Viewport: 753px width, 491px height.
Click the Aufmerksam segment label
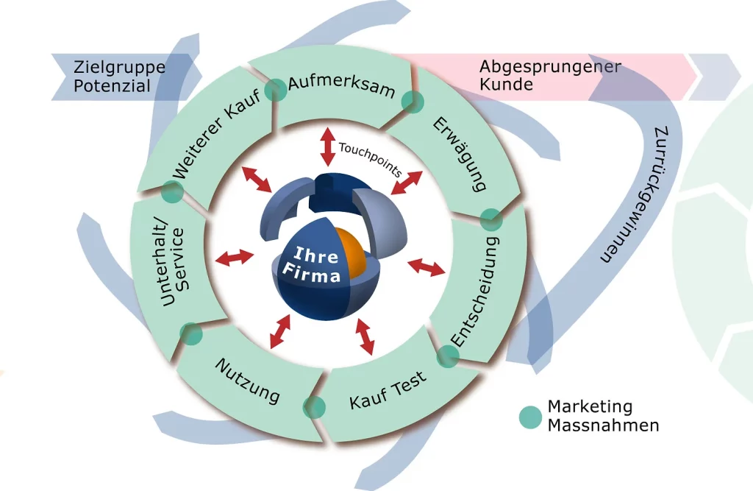point(341,88)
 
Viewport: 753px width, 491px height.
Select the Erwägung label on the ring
point(459,152)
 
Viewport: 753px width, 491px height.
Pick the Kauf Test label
point(388,393)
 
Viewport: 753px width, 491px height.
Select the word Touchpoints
point(370,158)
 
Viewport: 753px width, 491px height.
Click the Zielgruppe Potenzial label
point(119,77)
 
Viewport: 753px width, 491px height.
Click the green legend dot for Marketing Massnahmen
point(529,417)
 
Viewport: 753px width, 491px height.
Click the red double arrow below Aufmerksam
point(328,146)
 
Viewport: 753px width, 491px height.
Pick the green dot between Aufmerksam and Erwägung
point(413,102)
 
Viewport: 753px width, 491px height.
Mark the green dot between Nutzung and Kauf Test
point(314,407)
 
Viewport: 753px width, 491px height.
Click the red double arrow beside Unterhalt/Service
point(234,257)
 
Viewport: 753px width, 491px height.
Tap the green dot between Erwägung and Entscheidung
point(490,219)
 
